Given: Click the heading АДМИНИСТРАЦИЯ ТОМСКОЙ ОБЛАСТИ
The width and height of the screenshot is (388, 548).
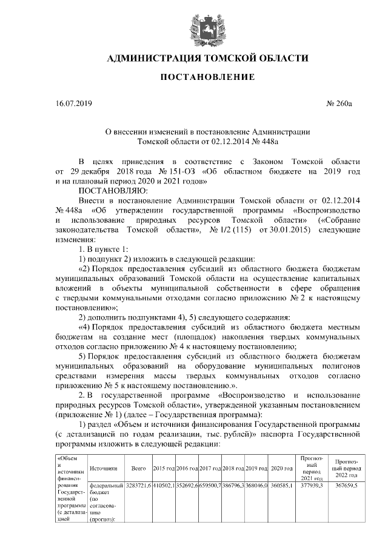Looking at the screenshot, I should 207,59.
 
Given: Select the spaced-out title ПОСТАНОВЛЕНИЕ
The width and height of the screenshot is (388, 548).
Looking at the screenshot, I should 207,77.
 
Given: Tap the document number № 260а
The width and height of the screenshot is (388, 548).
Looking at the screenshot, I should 339,104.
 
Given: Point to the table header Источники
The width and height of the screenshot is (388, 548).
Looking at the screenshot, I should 102,469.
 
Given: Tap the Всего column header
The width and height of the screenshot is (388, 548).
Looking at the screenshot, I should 138,469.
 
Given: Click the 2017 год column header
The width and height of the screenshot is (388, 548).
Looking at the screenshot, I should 210,469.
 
